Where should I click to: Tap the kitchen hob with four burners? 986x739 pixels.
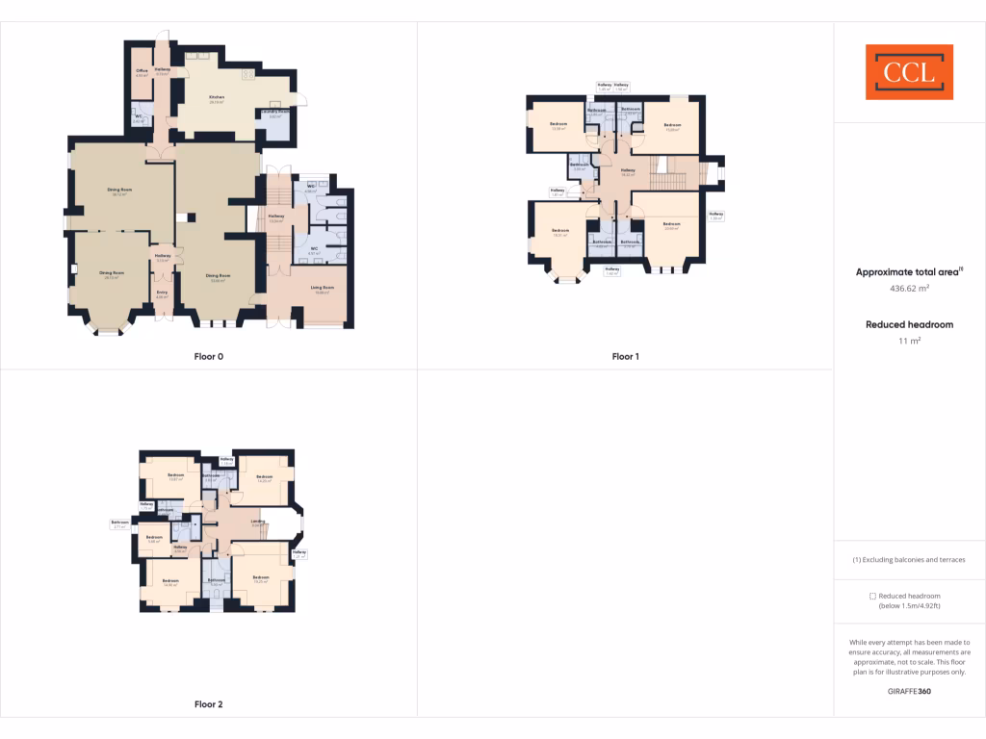[x=247, y=74]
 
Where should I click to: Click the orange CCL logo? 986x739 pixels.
[x=909, y=72]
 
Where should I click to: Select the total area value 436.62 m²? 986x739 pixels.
[x=909, y=288]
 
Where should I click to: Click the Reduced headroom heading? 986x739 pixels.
[x=909, y=324]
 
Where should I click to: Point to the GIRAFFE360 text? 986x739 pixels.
[x=909, y=691]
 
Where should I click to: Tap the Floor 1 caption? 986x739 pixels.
[x=625, y=356]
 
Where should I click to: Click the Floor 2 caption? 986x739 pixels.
[x=208, y=704]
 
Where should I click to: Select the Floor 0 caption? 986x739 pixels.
[x=208, y=356]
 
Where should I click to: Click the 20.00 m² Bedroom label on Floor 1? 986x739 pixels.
[x=671, y=225]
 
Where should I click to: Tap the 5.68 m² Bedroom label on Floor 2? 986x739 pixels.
[x=153, y=539]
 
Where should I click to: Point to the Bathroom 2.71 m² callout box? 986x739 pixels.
[x=119, y=524]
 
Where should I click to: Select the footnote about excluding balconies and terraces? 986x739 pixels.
[x=909, y=559]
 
